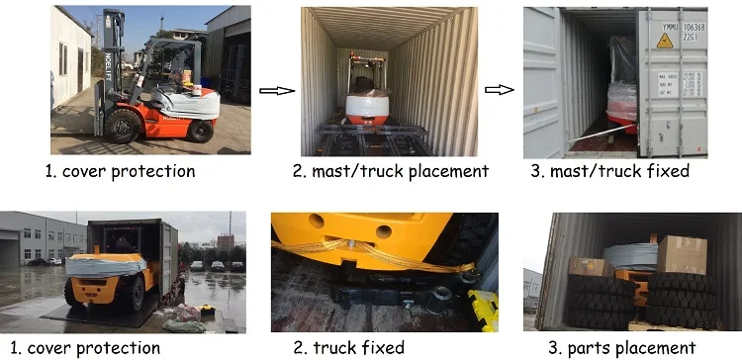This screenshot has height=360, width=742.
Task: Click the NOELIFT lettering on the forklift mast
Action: (100, 69)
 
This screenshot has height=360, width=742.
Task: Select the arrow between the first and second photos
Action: (273, 90)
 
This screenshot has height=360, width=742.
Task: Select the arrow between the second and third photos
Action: (500, 90)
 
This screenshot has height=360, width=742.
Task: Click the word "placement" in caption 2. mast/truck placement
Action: (444, 171)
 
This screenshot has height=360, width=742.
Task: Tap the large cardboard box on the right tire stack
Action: (682, 255)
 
